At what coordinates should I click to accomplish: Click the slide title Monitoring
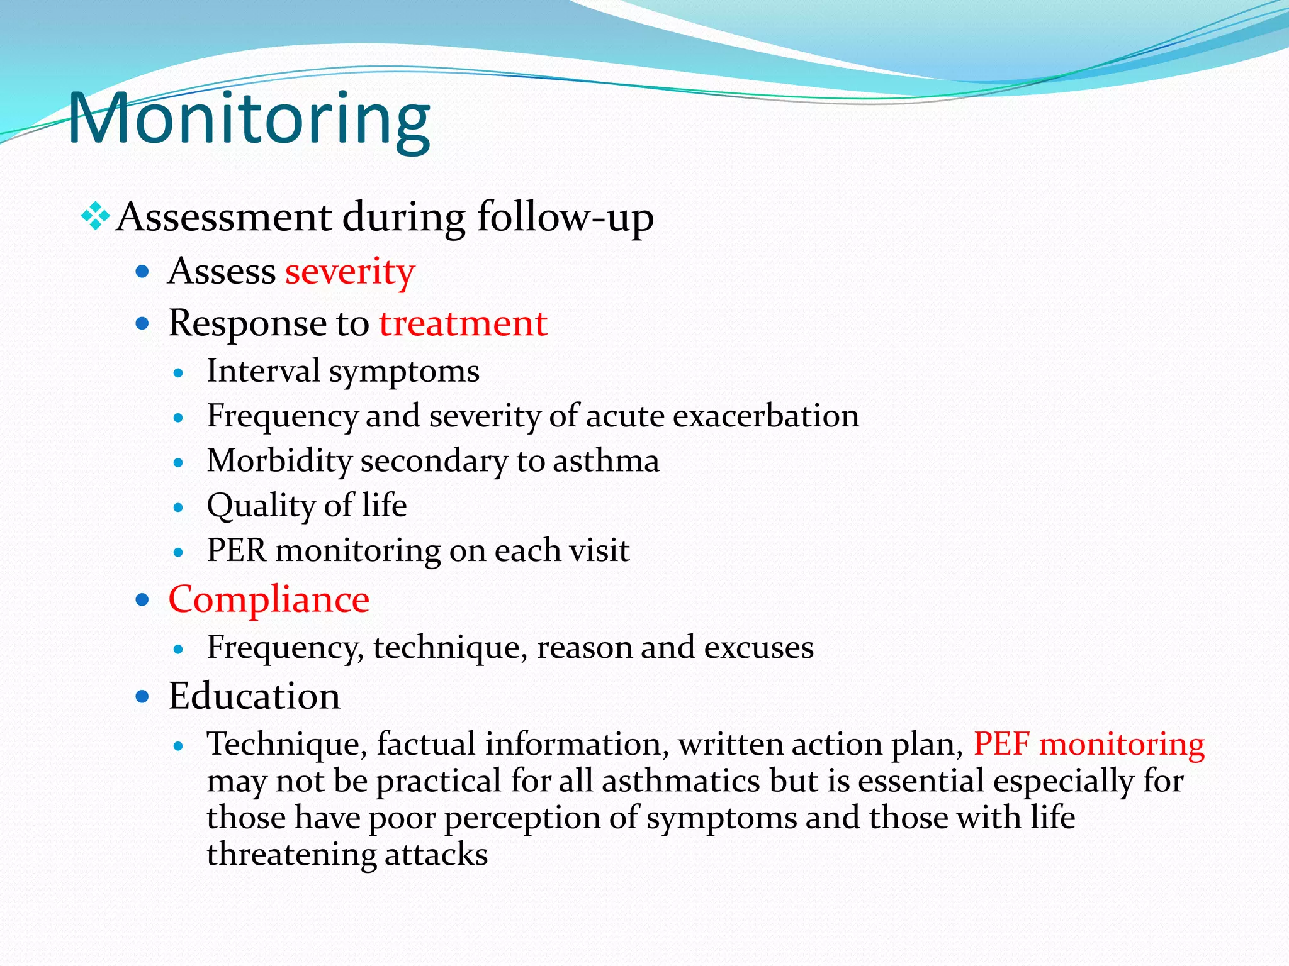(249, 119)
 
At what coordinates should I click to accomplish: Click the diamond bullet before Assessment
(95, 216)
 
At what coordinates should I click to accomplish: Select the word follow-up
(565, 218)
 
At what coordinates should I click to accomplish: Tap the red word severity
(350, 272)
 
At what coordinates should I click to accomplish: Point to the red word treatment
(463, 324)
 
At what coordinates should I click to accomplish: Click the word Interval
(263, 371)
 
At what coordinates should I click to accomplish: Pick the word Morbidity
(279, 461)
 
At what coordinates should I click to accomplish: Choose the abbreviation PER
(237, 551)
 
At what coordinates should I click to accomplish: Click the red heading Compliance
(269, 599)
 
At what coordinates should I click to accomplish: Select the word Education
(254, 696)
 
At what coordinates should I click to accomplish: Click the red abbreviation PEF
(1001, 745)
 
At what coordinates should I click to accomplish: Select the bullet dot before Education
(143, 696)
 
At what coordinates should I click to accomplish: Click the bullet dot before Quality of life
(179, 508)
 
